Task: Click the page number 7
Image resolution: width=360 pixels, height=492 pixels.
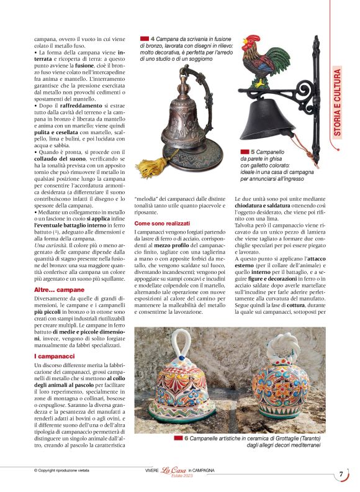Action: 341,475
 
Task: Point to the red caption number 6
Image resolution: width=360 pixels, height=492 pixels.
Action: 186,438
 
